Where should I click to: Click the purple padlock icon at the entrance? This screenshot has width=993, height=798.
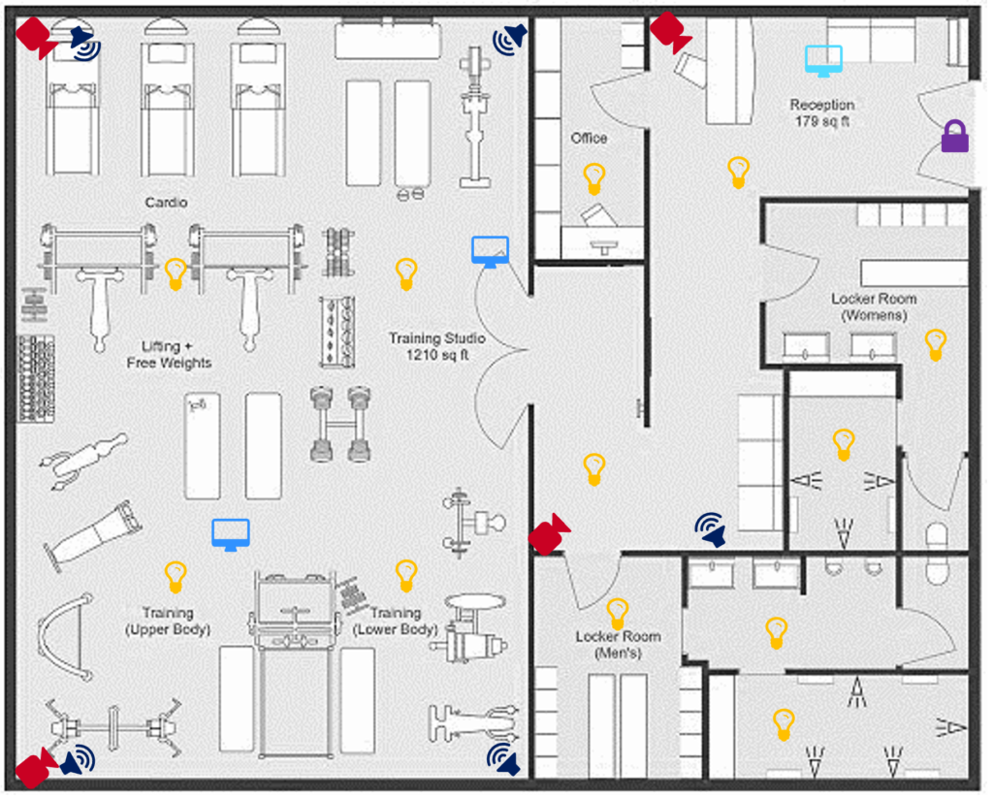(x=955, y=136)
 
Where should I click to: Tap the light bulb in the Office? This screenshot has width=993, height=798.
(x=593, y=178)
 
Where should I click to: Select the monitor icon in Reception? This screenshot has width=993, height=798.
(x=823, y=60)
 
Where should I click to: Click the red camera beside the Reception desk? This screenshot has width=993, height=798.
(x=669, y=32)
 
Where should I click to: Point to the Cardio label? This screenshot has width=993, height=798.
(x=166, y=203)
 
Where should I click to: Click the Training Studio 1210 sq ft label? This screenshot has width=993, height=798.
(x=436, y=347)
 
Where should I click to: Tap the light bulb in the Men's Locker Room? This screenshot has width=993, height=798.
(x=618, y=613)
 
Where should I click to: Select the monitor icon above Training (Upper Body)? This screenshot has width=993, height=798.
(x=231, y=534)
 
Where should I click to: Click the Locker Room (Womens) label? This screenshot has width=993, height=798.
(x=874, y=307)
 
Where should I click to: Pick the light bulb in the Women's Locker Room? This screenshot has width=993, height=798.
(x=935, y=344)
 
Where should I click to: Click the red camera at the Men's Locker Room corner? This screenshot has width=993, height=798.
(x=549, y=534)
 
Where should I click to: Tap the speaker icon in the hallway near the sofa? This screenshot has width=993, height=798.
(x=711, y=529)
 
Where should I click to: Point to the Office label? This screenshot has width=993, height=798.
(x=589, y=139)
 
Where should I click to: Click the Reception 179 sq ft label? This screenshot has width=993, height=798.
(x=821, y=112)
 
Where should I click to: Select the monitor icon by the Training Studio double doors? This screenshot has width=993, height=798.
(x=490, y=252)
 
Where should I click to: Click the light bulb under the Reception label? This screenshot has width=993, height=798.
(x=739, y=172)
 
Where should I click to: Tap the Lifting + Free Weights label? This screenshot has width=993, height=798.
(x=169, y=354)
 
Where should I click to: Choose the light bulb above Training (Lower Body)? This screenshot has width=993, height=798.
(x=406, y=575)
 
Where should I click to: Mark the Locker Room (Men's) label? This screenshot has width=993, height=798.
(x=618, y=645)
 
